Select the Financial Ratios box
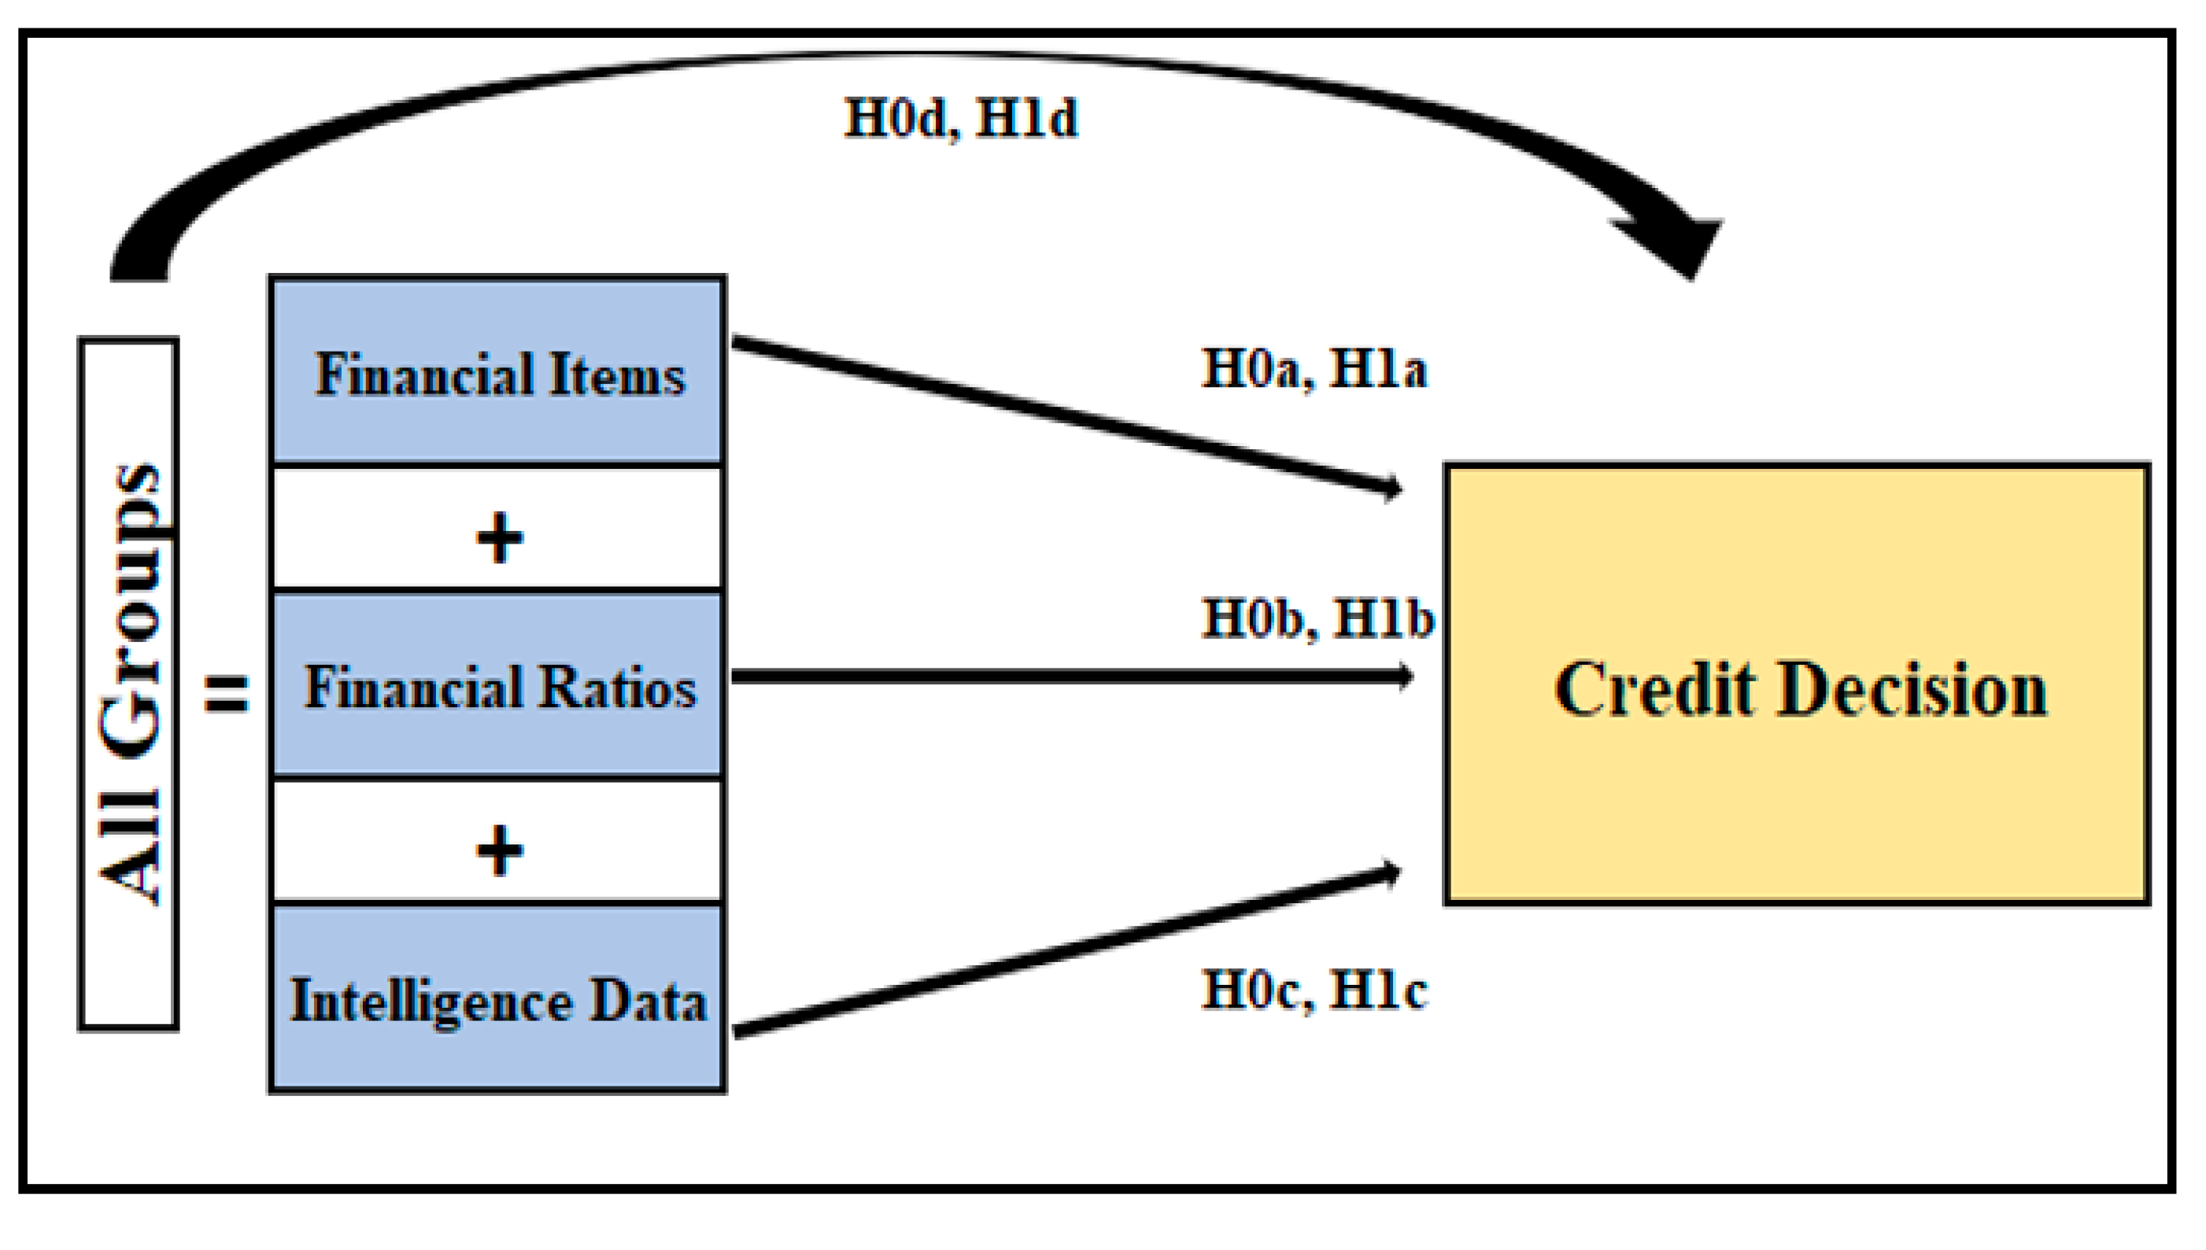pyautogui.click(x=497, y=684)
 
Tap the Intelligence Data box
pyautogui.click(x=497, y=998)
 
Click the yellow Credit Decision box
pyautogui.click(x=1798, y=684)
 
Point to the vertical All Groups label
pyautogui.click(x=129, y=684)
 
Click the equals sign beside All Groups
pyautogui.click(x=226, y=692)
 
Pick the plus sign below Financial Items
pyautogui.click(x=499, y=538)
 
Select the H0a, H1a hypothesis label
pyautogui.click(x=1313, y=369)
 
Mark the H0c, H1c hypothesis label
pyautogui.click(x=1313, y=990)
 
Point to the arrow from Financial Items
pyautogui.click(x=1065, y=415)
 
